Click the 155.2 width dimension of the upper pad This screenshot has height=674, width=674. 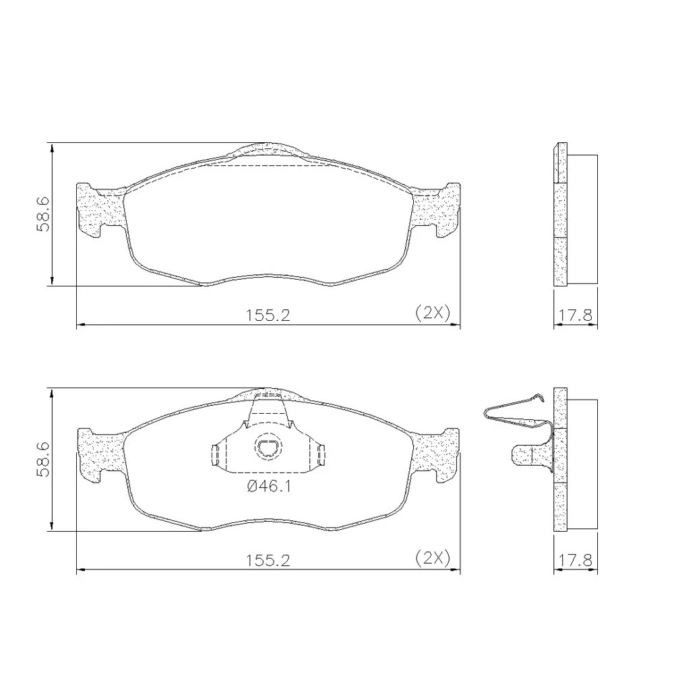click(x=268, y=315)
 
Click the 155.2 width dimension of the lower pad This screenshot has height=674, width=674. click(x=268, y=560)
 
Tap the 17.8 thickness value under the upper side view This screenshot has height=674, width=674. click(x=575, y=315)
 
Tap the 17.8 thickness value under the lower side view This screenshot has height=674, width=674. click(x=575, y=560)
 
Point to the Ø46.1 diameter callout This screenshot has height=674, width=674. click(x=269, y=487)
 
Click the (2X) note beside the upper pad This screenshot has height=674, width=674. click(x=433, y=313)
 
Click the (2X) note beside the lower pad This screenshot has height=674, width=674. click(x=433, y=558)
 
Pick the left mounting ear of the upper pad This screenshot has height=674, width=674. click(x=100, y=210)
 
